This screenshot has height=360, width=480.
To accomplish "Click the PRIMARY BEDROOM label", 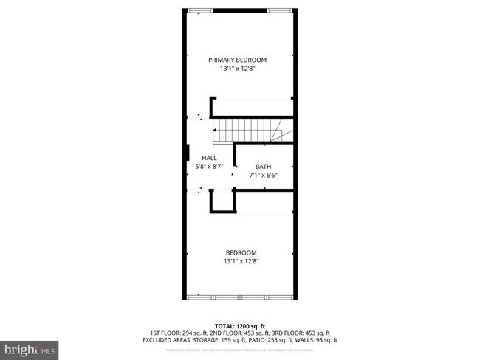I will tap(237, 60).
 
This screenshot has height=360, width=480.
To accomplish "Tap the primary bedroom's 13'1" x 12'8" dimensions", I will tap(237, 69).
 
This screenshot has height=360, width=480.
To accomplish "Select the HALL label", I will tap(209, 158).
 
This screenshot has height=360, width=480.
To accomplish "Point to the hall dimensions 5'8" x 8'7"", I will tap(209, 167).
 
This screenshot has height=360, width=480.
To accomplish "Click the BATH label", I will tap(264, 166).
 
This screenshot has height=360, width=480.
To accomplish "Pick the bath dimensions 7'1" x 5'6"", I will tap(264, 175).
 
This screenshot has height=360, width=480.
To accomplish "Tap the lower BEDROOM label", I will tap(241, 252).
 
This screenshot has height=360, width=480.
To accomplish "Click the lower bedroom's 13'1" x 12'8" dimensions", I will tap(241, 261).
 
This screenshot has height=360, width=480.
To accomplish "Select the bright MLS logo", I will tap(30, 346).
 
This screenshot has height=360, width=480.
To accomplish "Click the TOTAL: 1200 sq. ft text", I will tap(240, 325).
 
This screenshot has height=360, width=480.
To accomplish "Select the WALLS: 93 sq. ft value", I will tap(315, 340).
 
